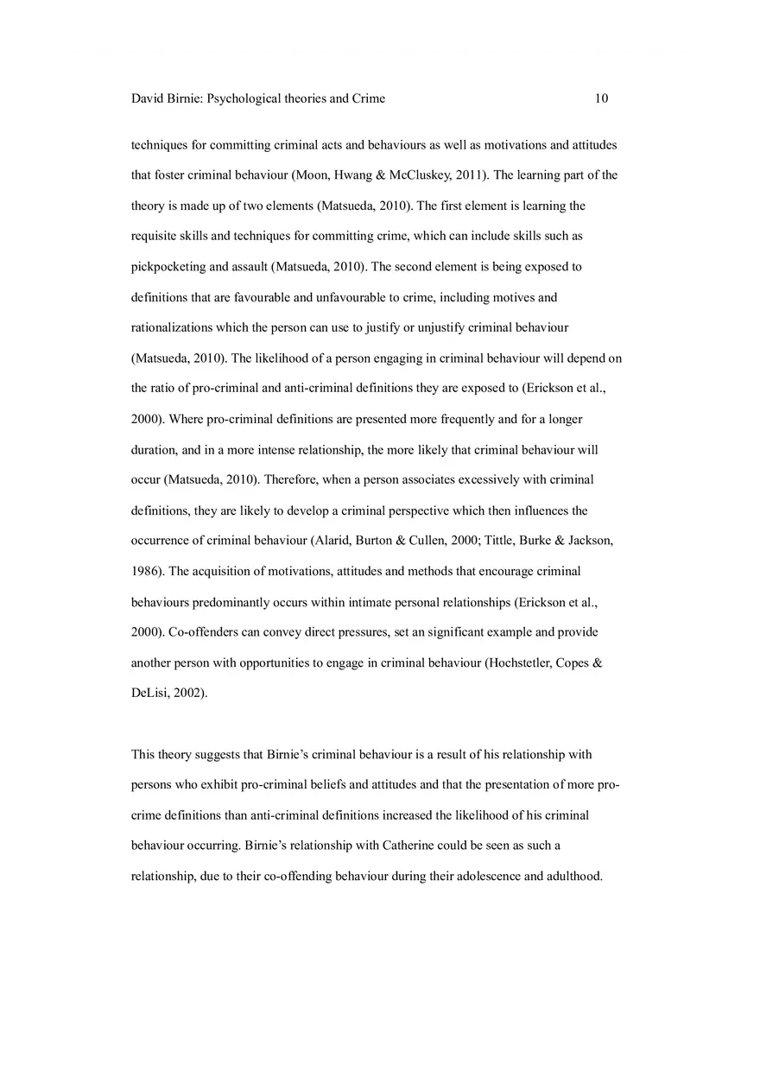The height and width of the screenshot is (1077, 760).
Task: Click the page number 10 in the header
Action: (x=601, y=98)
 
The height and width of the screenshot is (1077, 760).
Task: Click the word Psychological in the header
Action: (x=244, y=98)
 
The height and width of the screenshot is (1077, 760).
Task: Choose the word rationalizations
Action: (x=176, y=328)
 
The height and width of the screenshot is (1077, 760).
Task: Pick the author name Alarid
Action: (x=331, y=542)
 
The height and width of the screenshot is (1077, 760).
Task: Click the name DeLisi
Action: (x=150, y=694)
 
